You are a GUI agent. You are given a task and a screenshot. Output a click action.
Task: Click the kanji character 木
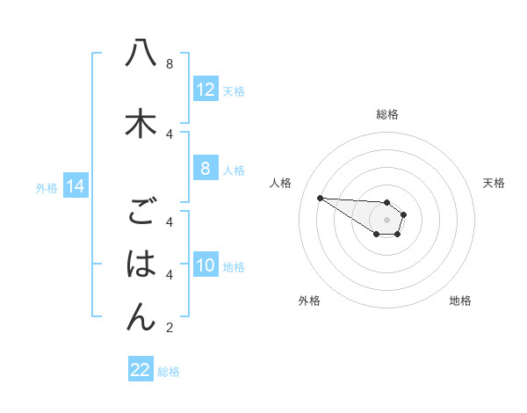point(141,123)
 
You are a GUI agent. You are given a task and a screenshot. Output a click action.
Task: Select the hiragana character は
point(141,264)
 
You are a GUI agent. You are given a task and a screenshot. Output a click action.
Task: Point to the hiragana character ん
point(141,316)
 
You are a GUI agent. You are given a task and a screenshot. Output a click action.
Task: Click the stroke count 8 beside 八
point(169,64)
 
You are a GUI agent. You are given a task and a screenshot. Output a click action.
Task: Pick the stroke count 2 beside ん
point(169,329)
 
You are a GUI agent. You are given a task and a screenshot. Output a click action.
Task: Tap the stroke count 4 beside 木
point(169,134)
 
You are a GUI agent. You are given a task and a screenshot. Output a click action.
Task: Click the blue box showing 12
point(206,90)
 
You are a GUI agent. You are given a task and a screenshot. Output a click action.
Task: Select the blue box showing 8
point(206,170)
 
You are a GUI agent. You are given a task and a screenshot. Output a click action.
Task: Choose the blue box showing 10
point(206,265)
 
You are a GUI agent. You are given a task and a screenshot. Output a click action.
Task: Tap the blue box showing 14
point(75,186)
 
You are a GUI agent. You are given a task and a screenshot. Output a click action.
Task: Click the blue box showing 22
point(141,370)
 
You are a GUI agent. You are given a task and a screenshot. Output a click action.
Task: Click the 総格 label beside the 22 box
point(169,372)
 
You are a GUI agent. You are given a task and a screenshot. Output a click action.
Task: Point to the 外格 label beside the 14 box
point(47,187)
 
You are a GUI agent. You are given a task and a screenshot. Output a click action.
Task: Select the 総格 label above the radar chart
point(386,114)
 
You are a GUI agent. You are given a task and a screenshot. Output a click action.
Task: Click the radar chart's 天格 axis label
point(494,183)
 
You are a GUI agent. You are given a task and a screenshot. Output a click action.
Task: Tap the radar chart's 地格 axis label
point(460,301)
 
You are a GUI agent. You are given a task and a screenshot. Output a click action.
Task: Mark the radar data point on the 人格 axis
point(320,198)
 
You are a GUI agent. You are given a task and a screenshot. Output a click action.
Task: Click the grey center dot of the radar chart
point(386,220)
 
